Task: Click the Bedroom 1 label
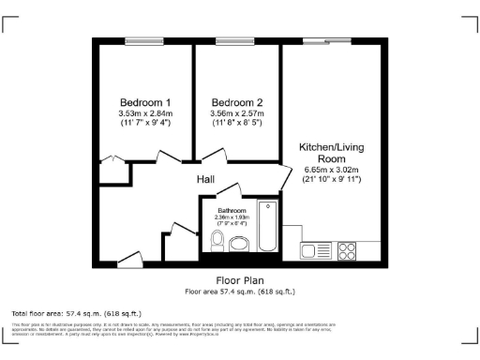144,102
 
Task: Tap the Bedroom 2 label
236,102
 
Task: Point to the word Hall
207,178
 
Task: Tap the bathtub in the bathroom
268,226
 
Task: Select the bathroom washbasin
239,245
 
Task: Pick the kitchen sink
312,250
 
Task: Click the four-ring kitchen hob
346,250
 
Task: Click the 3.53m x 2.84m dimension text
144,114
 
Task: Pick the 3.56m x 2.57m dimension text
236,114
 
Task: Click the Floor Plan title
240,280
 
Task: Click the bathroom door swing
229,189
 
